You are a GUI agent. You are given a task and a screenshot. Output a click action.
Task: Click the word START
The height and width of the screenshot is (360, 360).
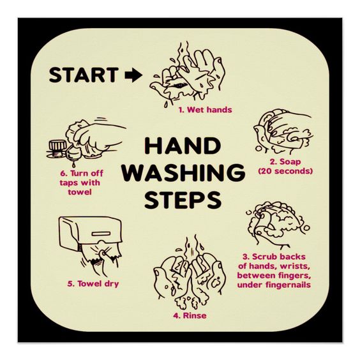(x=84, y=75)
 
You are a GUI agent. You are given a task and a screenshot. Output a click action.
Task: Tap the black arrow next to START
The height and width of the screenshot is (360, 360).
(x=133, y=75)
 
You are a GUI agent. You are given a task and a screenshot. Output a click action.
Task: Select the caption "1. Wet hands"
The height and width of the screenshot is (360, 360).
(x=206, y=110)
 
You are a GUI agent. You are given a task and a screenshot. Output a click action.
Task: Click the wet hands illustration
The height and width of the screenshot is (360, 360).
(x=187, y=73)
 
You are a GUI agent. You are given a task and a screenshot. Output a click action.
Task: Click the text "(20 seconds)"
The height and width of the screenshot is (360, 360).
(x=285, y=171)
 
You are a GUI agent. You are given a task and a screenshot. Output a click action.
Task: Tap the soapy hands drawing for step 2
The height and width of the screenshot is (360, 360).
(x=283, y=132)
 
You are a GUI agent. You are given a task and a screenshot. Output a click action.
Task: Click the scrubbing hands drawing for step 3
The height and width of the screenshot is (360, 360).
(x=278, y=225)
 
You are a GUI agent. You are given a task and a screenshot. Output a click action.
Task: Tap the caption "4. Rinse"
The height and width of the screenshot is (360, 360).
(x=190, y=316)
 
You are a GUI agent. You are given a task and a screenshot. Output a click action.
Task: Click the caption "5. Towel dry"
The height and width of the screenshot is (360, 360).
(x=93, y=284)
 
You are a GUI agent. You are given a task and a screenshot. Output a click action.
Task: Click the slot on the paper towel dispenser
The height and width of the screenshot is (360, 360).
(x=101, y=234)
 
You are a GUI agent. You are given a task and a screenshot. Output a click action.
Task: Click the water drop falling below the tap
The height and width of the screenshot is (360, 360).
(x=73, y=164)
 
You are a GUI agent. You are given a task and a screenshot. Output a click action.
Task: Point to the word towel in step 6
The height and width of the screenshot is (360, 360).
(x=80, y=192)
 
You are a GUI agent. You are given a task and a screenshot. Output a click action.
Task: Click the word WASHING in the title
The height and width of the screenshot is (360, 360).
(x=183, y=172)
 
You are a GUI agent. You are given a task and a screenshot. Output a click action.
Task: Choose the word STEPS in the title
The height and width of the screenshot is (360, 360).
(x=183, y=200)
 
